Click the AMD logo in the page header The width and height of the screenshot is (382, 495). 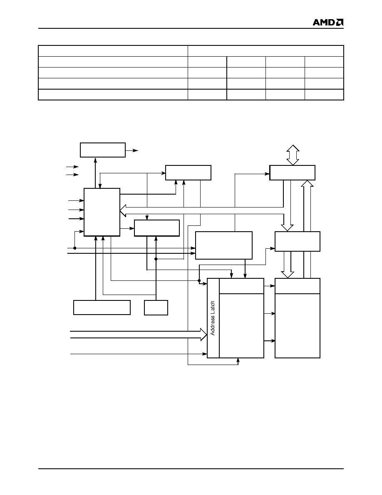(x=328, y=22)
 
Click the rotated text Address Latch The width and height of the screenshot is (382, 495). (x=213, y=318)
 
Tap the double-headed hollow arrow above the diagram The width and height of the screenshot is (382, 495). (x=293, y=155)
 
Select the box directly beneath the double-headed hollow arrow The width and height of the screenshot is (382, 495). (x=292, y=172)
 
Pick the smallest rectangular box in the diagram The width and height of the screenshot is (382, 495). (x=156, y=307)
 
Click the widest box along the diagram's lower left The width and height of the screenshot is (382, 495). (x=102, y=307)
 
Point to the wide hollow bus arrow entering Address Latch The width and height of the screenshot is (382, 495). (x=139, y=334)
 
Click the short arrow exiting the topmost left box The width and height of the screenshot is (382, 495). (x=132, y=150)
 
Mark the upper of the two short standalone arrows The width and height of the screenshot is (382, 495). (x=72, y=167)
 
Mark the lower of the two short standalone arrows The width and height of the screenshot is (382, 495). (x=72, y=175)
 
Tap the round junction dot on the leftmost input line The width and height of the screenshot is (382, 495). (x=75, y=248)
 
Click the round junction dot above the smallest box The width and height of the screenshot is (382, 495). (x=156, y=259)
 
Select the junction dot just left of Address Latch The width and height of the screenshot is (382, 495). (x=199, y=280)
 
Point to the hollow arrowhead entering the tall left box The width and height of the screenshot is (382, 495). (x=123, y=210)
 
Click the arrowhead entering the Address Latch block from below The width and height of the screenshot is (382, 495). (x=238, y=360)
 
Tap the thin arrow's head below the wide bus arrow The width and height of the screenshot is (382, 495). (x=205, y=354)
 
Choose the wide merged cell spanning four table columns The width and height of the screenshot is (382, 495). (x=266, y=51)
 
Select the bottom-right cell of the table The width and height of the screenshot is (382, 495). (x=324, y=95)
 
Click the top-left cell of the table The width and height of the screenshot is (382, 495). (x=113, y=51)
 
